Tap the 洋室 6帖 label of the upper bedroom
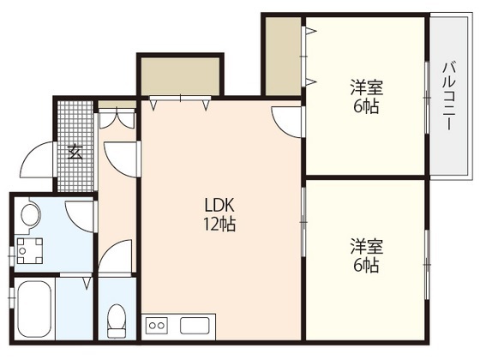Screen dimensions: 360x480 pyautogui.click(x=365, y=97)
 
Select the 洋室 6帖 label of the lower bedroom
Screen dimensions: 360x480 pyautogui.click(x=365, y=255)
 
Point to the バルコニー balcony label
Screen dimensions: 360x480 pyautogui.click(x=447, y=95)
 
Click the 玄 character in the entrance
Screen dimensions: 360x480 pyautogui.click(x=75, y=153)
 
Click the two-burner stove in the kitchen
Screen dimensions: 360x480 pyautogui.click(x=159, y=325)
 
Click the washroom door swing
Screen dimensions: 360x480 pyautogui.click(x=81, y=215)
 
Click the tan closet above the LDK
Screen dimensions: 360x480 pyautogui.click(x=181, y=76)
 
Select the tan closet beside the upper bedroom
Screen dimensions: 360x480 pyautogui.click(x=282, y=57)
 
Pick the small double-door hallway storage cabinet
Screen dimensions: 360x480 pyautogui.click(x=117, y=117)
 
